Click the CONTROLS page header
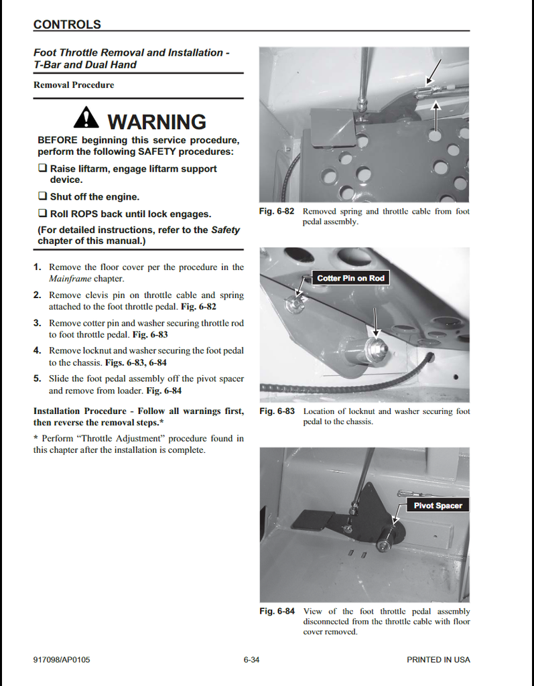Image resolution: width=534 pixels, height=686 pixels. (x=67, y=25)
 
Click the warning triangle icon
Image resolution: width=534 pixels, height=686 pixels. (x=86, y=119)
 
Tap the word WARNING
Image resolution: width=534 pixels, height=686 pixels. (x=157, y=122)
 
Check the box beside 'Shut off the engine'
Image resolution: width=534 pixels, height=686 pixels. (x=42, y=197)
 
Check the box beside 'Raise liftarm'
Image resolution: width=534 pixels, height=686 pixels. (x=42, y=169)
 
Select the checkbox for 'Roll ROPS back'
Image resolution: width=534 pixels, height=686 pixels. (x=42, y=214)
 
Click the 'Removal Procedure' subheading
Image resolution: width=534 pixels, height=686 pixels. (x=74, y=85)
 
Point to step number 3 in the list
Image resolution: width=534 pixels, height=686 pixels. (x=38, y=323)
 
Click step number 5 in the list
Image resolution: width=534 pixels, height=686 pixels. (x=38, y=379)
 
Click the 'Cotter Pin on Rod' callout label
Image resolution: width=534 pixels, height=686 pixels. (x=351, y=278)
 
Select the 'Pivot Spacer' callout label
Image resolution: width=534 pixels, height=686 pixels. (x=438, y=506)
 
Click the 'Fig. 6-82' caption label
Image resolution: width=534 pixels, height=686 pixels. (x=277, y=212)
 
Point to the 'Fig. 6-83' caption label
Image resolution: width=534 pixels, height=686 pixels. (x=277, y=411)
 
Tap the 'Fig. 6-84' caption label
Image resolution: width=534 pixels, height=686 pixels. (x=277, y=611)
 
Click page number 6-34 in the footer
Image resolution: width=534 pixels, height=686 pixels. (x=251, y=660)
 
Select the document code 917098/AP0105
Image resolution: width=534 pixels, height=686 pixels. (x=62, y=660)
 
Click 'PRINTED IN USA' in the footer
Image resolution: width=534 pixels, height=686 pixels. (x=438, y=660)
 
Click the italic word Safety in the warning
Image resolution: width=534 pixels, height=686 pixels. (x=226, y=230)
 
